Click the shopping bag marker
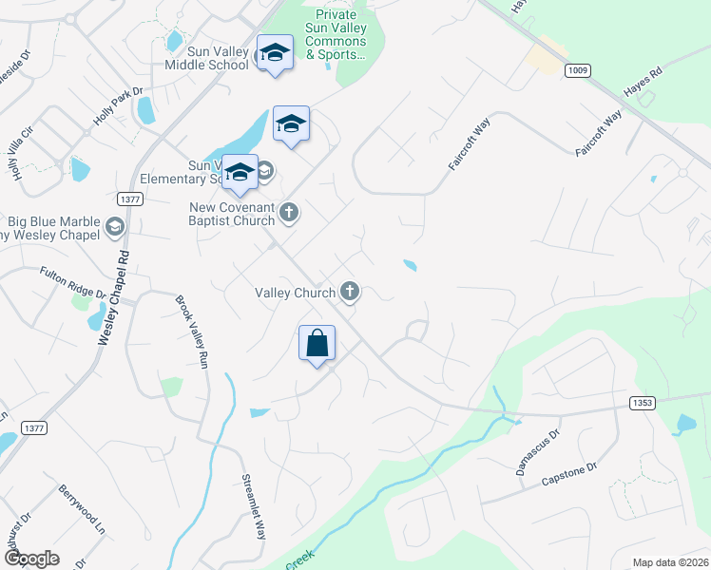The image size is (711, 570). point(317,343)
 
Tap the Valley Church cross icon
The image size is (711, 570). point(350,292)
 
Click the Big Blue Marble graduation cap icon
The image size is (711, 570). point(115,226)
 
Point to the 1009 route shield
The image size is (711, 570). point(577,70)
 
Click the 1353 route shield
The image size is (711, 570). point(642,404)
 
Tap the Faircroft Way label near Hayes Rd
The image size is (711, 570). point(599,133)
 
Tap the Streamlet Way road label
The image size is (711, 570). point(252,506)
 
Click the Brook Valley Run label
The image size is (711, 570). point(191,332)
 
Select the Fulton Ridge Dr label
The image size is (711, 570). point(73,282)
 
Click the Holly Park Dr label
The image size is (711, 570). point(117,107)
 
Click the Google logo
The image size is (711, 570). point(31,559)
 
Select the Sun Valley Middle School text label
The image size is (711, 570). point(206,58)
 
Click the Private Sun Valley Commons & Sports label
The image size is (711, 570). point(336,35)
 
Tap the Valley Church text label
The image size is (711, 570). point(295,293)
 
